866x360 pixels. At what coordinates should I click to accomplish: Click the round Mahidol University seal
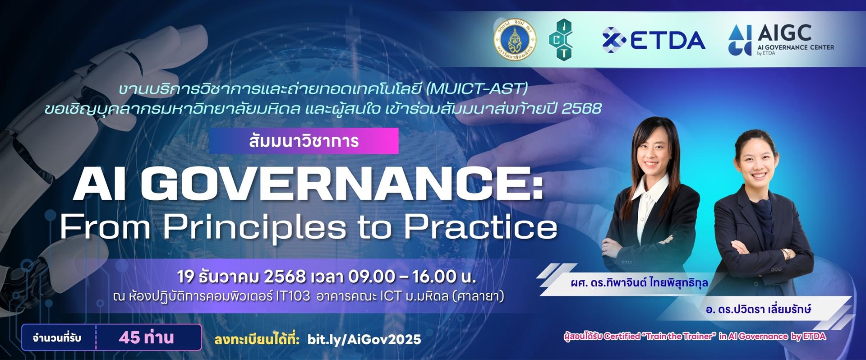(x=515, y=40)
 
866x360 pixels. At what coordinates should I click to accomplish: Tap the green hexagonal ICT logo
(x=561, y=40)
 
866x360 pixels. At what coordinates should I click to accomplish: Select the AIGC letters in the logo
(x=784, y=32)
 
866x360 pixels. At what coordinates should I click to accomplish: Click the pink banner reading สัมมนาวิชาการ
(x=304, y=141)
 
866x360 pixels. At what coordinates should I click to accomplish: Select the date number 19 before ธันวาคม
(x=185, y=276)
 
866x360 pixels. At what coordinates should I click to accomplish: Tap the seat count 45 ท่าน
(x=147, y=337)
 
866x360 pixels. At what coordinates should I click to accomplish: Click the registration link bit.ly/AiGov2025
(x=364, y=339)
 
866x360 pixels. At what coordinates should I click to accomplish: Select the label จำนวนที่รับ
(x=57, y=337)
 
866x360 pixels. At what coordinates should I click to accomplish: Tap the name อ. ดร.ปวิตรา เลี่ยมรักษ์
(x=759, y=309)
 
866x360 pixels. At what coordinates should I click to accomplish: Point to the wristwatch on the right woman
(x=788, y=254)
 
